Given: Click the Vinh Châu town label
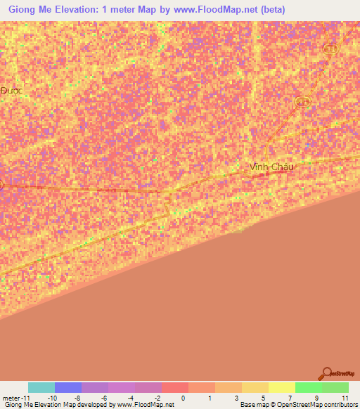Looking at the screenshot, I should coord(271,167).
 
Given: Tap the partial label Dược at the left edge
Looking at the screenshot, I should coord(11,91).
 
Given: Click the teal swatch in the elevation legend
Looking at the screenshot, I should coord(41,387).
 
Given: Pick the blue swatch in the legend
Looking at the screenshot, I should coord(67,387).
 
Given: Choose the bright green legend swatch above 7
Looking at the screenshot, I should coord(308,387).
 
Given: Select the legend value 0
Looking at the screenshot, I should coord(183,398).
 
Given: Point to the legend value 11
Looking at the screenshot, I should coord(345,398).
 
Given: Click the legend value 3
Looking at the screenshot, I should coord(236,398).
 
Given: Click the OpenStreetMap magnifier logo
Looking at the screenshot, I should coord(326,373).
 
